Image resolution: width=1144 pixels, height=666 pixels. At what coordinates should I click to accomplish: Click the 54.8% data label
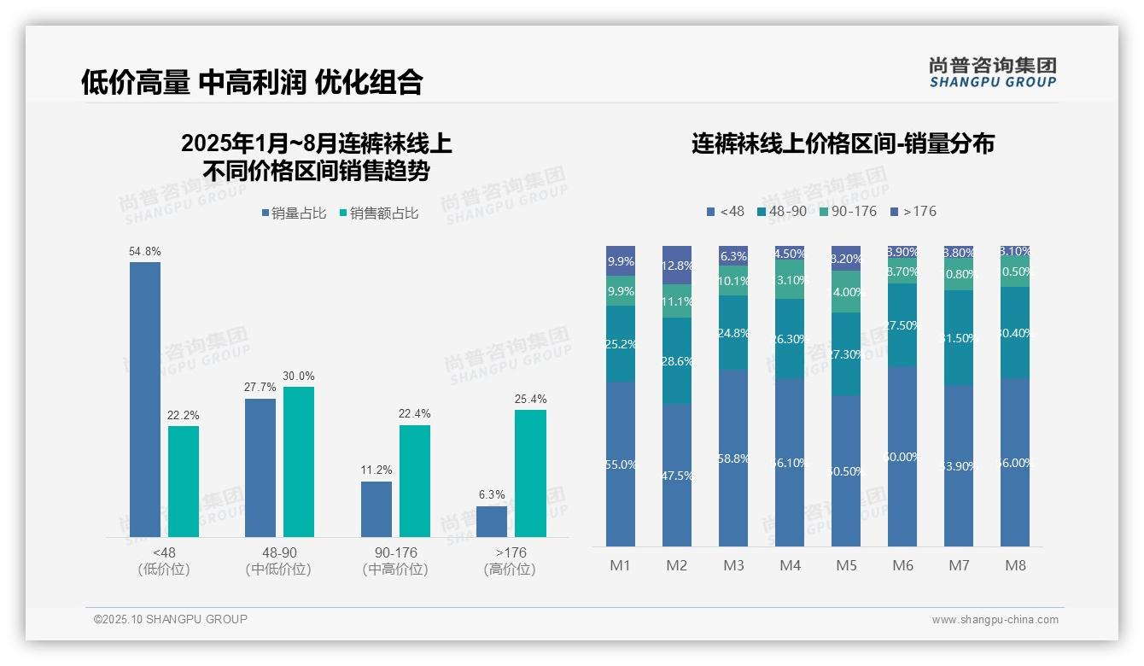(145, 252)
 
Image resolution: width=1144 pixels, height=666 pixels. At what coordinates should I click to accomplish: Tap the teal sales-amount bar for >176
(530, 473)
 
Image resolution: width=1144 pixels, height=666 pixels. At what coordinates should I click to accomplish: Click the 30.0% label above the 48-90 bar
(299, 377)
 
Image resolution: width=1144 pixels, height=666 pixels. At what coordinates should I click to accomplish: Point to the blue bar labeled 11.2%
(376, 509)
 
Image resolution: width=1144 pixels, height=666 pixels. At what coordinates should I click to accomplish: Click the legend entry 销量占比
(294, 213)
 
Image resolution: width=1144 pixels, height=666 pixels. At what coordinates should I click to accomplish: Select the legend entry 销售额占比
(379, 213)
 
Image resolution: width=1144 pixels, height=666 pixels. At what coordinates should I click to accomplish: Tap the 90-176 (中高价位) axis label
(394, 561)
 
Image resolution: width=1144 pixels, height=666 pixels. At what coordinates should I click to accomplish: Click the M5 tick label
(846, 565)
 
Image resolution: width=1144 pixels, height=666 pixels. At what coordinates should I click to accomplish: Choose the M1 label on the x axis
(620, 565)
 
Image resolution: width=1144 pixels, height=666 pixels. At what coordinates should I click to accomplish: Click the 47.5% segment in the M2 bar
(677, 475)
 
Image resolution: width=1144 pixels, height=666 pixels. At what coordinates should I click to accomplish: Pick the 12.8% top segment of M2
(677, 265)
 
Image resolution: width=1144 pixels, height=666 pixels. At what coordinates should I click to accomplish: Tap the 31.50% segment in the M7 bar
(959, 337)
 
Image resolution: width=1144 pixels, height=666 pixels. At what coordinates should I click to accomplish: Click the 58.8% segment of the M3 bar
(733, 458)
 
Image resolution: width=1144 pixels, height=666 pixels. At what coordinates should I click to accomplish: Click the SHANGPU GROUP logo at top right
(992, 73)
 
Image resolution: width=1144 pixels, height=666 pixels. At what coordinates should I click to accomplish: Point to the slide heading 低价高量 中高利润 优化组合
(252, 82)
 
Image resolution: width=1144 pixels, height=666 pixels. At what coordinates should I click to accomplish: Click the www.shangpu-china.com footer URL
(995, 620)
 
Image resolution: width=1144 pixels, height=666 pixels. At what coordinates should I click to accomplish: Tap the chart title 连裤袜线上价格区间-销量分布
(843, 143)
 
